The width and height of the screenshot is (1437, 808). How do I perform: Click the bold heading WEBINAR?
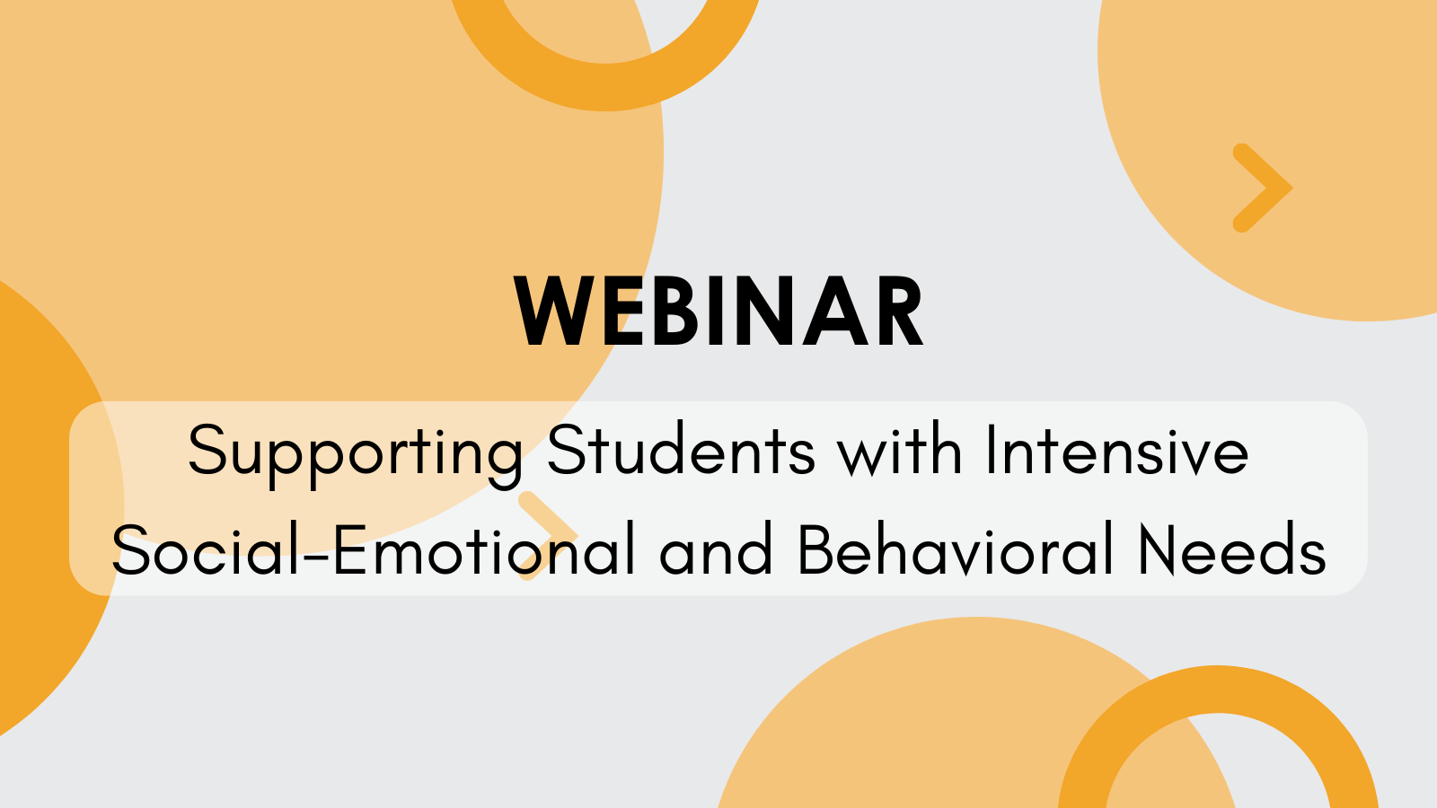tap(719, 312)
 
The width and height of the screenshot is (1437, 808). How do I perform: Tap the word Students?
tap(681, 449)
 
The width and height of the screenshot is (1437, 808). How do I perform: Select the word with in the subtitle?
tap(899, 449)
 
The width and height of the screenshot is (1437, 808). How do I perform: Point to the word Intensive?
tap(1117, 449)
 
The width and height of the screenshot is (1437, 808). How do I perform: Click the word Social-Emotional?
tap(373, 549)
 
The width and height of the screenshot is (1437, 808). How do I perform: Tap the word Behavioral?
tap(955, 549)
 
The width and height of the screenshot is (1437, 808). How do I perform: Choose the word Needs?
tap(1231, 549)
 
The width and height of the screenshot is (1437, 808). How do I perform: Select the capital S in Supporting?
tap(206, 449)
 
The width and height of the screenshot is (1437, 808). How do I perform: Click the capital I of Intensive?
tap(991, 449)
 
